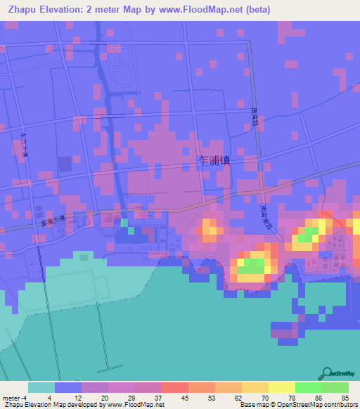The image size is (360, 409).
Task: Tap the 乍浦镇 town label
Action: click(x=215, y=160)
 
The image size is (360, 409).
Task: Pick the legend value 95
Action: click(x=344, y=398)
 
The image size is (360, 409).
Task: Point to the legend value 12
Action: click(x=87, y=398)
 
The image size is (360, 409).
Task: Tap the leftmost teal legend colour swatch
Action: click(x=41, y=387)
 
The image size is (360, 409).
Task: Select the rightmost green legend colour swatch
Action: click(x=335, y=387)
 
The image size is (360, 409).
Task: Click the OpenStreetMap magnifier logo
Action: click(x=326, y=374)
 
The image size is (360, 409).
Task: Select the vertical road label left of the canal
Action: click(x=25, y=144)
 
